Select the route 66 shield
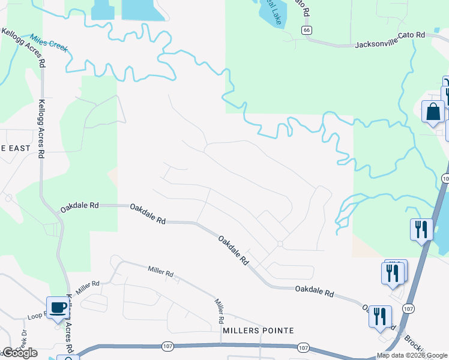(x=307, y=30)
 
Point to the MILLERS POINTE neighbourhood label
(x=258, y=331)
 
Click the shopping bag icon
(x=433, y=112)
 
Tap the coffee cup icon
(x=58, y=308)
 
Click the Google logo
(x=19, y=353)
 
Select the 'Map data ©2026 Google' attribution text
(x=412, y=355)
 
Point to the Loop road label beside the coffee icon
(x=37, y=315)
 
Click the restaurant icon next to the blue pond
(x=421, y=230)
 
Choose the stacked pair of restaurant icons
(x=393, y=272)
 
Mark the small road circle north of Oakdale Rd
(x=280, y=244)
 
